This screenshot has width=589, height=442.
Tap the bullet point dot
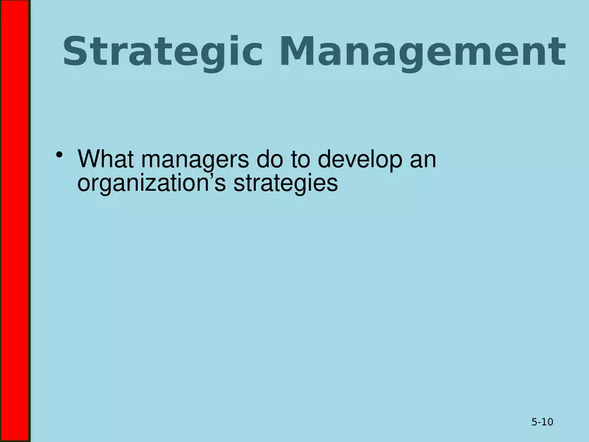(x=60, y=157)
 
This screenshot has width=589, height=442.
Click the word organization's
(x=152, y=183)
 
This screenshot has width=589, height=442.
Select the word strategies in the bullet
(x=285, y=183)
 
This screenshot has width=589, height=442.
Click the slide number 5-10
(x=542, y=422)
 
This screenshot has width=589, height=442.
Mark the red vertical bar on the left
(x=15, y=221)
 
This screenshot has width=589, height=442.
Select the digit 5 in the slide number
(x=534, y=422)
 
